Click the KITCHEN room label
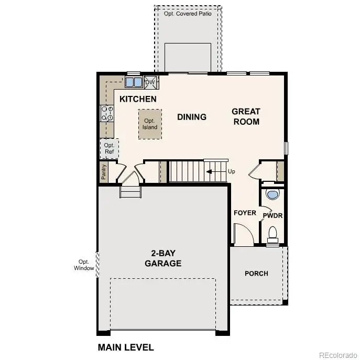pyautogui.click(x=138, y=99)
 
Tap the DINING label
pyautogui.click(x=191, y=117)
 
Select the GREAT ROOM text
pyautogui.click(x=246, y=116)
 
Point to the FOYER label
pyautogui.click(x=245, y=213)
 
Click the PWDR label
pyautogui.click(x=272, y=215)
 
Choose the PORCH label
pyautogui.click(x=256, y=273)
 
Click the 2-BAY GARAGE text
pyautogui.click(x=163, y=258)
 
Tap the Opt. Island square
pyautogui.click(x=150, y=124)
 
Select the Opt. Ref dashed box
pyautogui.click(x=109, y=148)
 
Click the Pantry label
pyautogui.click(x=104, y=171)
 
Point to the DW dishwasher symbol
pyautogui.click(x=150, y=82)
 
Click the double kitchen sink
pyautogui.click(x=133, y=82)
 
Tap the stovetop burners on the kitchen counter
pyautogui.click(x=107, y=113)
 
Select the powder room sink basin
pyautogui.click(x=272, y=195)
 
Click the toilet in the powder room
pyautogui.click(x=272, y=233)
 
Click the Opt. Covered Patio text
pyautogui.click(x=188, y=14)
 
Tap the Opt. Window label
pyautogui.click(x=84, y=265)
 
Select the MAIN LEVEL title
pyautogui.click(x=126, y=347)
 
